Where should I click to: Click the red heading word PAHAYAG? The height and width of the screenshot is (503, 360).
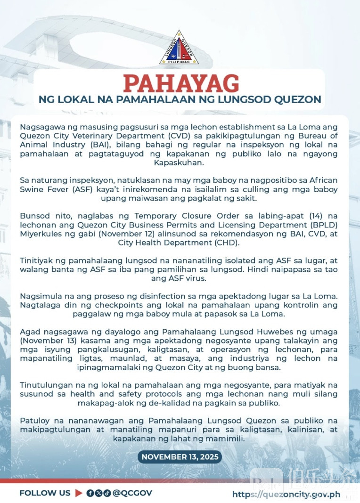click(180, 83)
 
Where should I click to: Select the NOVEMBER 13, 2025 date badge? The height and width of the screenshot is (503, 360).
click(180, 456)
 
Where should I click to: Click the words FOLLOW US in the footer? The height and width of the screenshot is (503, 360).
click(45, 493)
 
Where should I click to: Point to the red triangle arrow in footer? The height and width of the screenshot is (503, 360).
click(79, 493)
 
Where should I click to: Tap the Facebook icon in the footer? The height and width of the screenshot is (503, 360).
click(90, 493)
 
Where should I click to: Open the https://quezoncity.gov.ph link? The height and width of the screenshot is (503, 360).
click(286, 495)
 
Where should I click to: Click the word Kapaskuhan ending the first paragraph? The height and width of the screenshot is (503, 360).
click(180, 163)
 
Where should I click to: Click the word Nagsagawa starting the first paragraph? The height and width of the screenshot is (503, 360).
click(40, 127)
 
